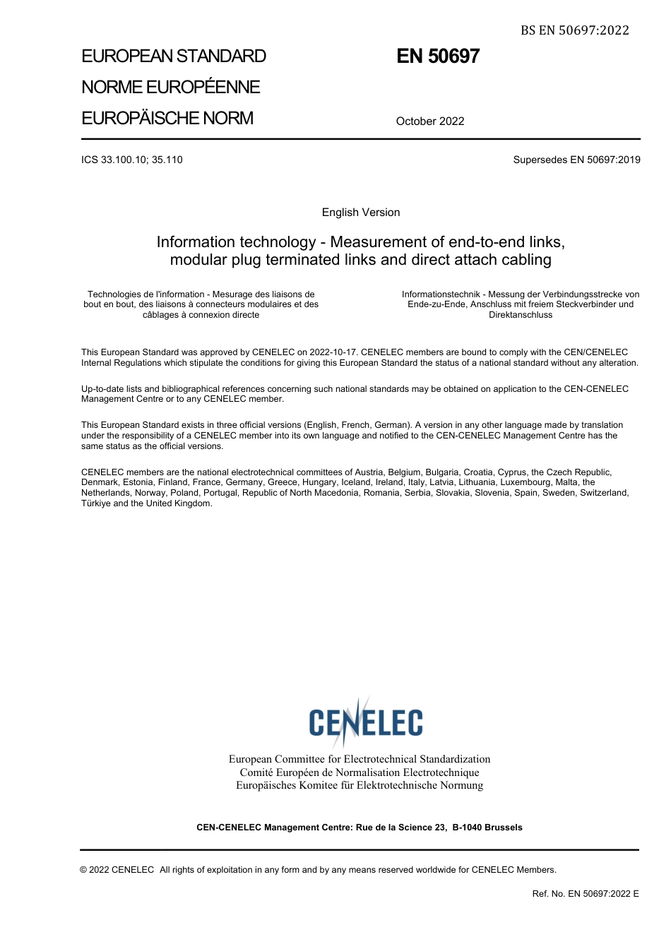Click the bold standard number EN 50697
coord(438,56)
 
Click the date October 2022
coord(430,121)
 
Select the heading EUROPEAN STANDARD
coord(174,56)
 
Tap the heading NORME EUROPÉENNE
coord(171,88)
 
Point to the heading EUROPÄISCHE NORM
coord(167,119)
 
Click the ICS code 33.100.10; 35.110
coord(132,160)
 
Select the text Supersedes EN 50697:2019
coord(576,160)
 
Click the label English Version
coord(361,213)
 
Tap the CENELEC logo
coord(365,722)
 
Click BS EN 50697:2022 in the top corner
coord(574,30)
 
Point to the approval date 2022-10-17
coord(334,352)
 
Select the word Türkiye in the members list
coord(96,503)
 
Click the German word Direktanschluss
coord(521,315)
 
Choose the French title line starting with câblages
coord(201,315)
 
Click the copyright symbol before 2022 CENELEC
coord(83,870)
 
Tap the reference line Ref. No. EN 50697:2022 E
coord(585,894)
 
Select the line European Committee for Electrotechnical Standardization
coord(360,759)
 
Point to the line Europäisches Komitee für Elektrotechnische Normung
coord(360,785)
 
